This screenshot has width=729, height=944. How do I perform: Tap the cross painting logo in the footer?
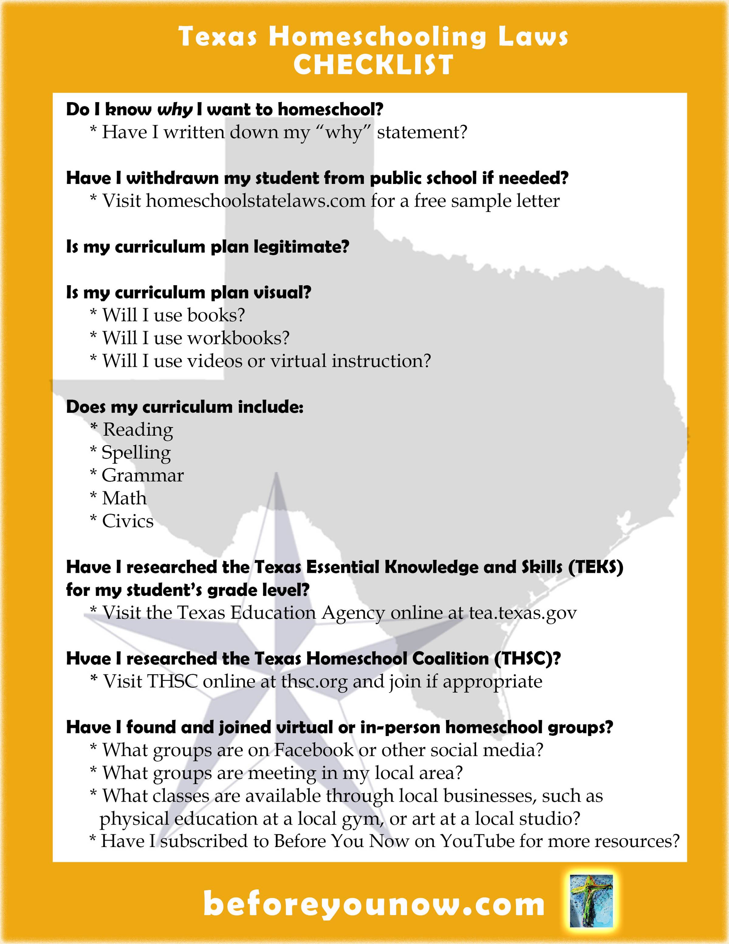coord(591,901)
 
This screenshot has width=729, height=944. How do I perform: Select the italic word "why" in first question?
coord(174,110)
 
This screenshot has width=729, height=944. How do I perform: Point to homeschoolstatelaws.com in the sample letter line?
coord(256,201)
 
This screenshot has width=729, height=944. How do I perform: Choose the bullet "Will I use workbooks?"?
coord(195,338)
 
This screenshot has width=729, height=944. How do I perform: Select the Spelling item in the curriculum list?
coord(136,453)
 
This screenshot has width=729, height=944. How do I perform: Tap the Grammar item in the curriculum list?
coord(142,475)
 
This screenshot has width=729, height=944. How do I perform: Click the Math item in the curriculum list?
coord(124,498)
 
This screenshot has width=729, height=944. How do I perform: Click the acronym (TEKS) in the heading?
coord(596,567)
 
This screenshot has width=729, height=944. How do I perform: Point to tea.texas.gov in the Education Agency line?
coord(523,613)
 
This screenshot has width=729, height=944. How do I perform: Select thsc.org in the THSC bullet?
coord(314,682)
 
